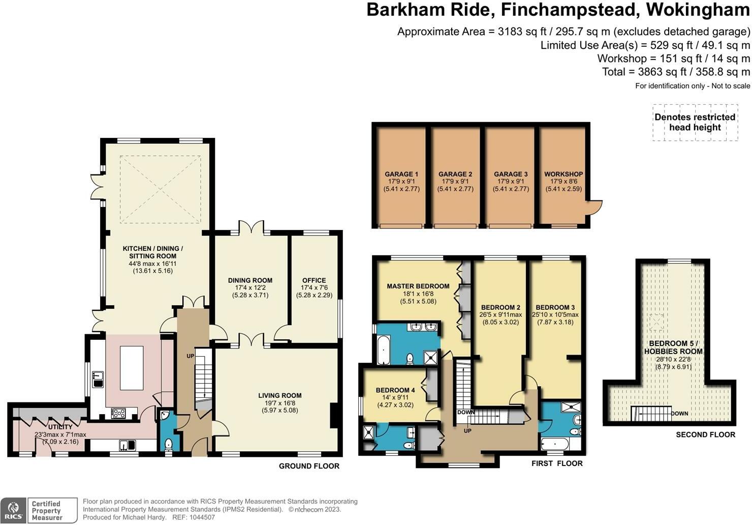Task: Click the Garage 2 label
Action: coord(455,174)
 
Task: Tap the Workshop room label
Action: coord(563,174)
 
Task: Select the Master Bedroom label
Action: coord(418,286)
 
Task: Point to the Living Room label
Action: coord(279,396)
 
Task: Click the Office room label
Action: coord(314,280)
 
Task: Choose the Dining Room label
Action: coord(250,280)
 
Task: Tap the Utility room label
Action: coord(60,427)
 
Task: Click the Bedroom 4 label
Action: coord(395,390)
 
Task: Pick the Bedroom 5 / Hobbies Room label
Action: coord(673,347)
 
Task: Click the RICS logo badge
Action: coord(13,511)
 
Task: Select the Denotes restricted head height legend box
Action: coord(695,122)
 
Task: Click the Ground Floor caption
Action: coord(309,466)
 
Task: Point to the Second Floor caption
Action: coord(705,434)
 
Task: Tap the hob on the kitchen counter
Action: coord(118,413)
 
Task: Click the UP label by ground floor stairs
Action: coord(191,356)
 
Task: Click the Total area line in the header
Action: coord(676,72)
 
